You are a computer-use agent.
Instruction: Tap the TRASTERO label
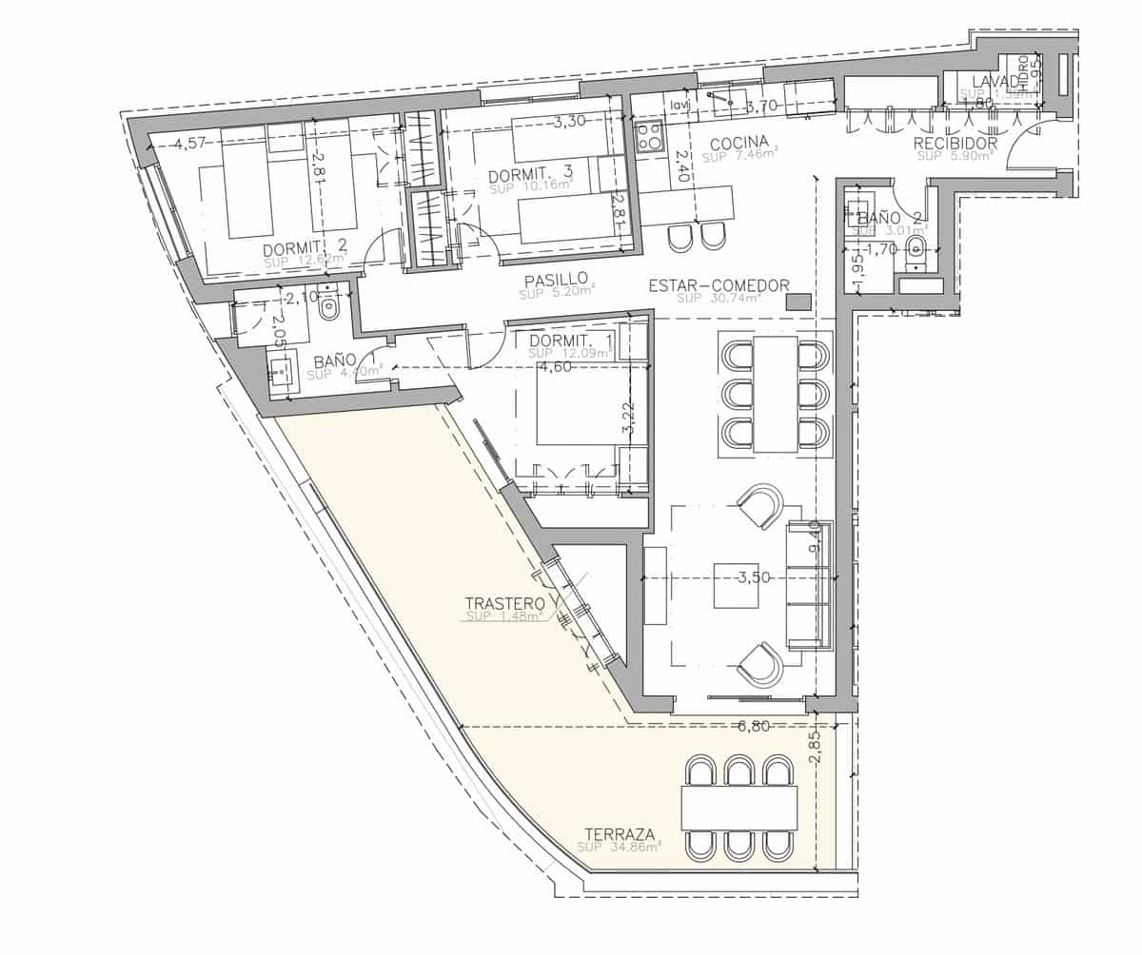point(504,603)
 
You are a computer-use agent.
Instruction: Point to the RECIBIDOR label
point(955,144)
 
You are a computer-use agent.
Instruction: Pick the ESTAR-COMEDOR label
point(719,285)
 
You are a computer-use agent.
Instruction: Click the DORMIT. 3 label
point(530,175)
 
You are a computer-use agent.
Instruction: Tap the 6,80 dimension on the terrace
point(754,727)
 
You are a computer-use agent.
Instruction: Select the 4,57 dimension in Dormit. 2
point(189,145)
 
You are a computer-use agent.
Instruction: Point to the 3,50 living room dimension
point(753,576)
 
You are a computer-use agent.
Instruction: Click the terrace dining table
point(738,808)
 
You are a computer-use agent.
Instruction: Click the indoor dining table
point(775,393)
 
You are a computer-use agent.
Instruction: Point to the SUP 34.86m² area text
point(619,847)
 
